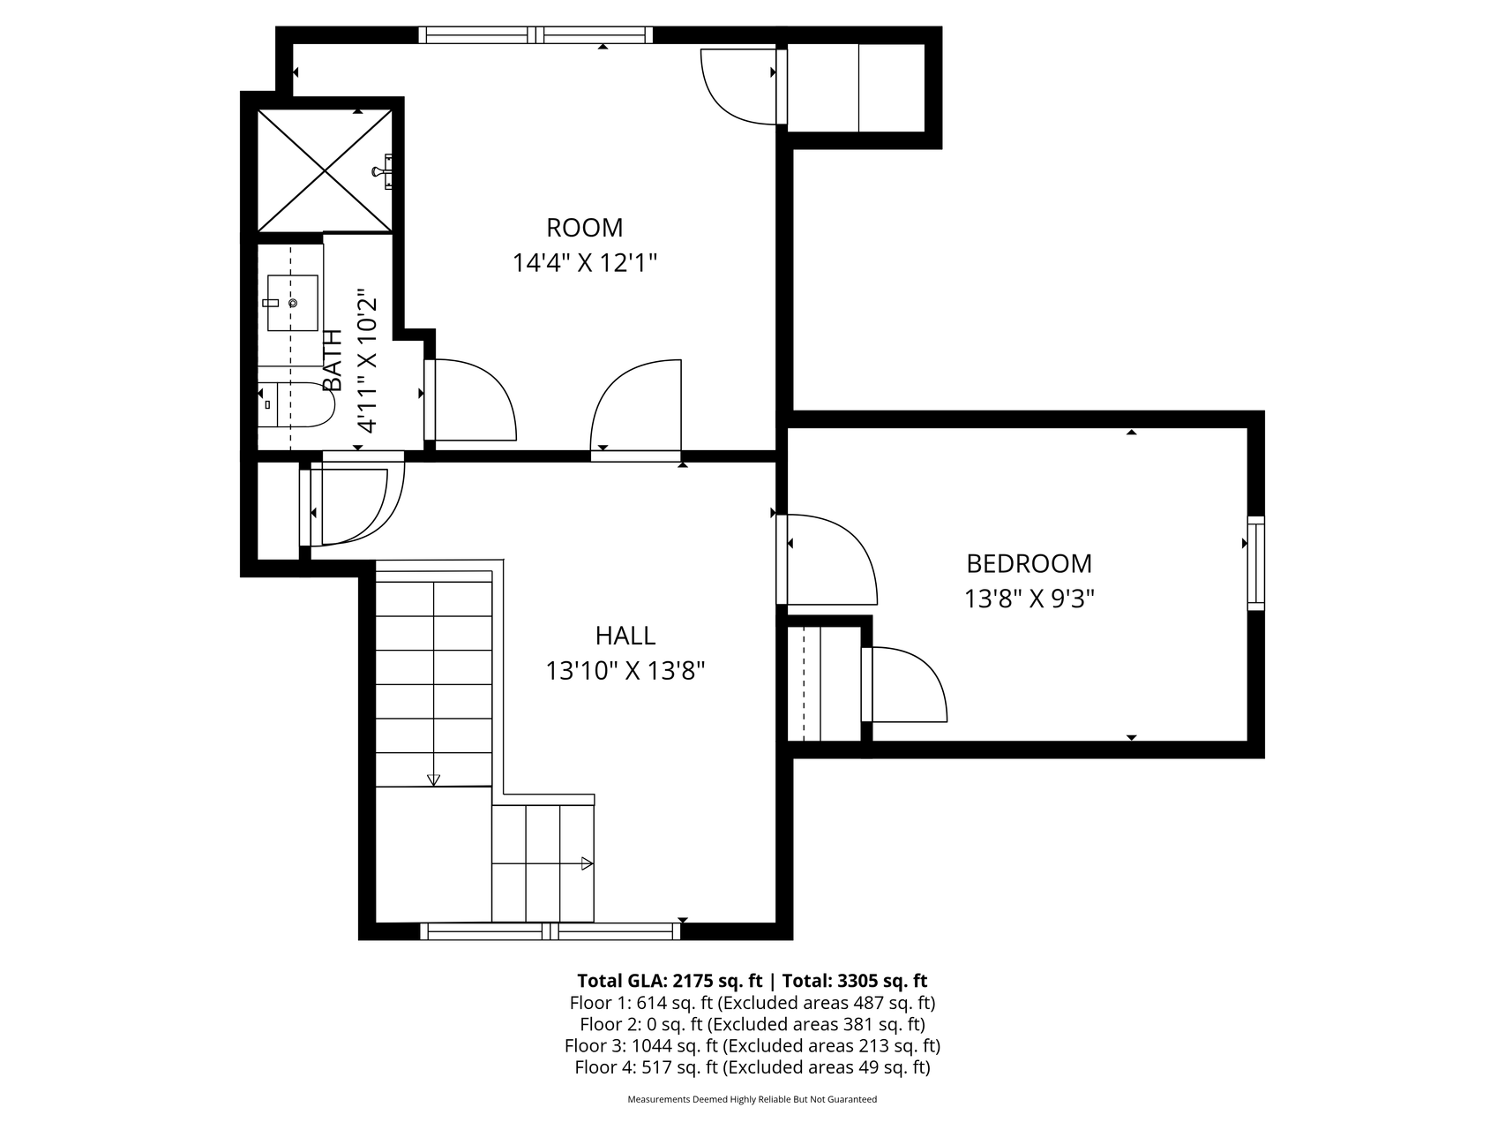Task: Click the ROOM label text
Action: tap(584, 228)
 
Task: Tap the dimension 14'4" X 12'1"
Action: tap(586, 263)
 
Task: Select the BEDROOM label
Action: tap(1029, 563)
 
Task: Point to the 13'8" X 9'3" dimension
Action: tap(1029, 599)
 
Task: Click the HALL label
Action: tap(625, 636)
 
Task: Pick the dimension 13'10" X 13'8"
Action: tap(625, 672)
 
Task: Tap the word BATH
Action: tap(333, 360)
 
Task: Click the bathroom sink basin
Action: tap(292, 303)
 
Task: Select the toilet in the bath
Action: tap(296, 404)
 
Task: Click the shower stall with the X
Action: tap(325, 170)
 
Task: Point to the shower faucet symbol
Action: tap(385, 170)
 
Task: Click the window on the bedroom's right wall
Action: tap(1255, 562)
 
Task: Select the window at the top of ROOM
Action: tap(535, 35)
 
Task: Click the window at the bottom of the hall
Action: tap(550, 930)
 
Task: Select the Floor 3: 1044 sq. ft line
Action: tap(752, 1046)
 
